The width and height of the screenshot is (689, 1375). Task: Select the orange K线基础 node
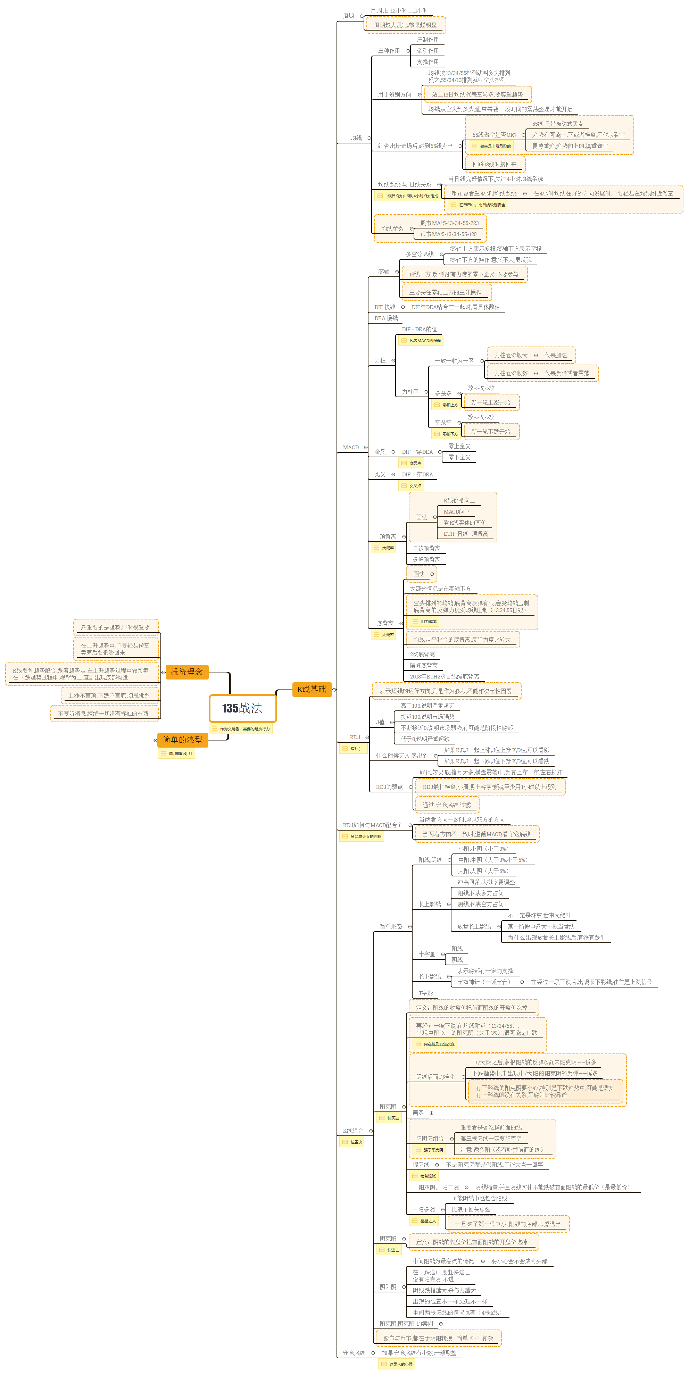(x=312, y=689)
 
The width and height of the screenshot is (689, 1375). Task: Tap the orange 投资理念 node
(x=187, y=672)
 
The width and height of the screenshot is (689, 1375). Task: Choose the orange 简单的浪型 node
(x=183, y=740)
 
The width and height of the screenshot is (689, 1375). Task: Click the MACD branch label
(x=351, y=447)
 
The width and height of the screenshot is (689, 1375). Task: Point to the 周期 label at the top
(x=349, y=16)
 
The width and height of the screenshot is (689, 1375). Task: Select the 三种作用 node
(x=389, y=51)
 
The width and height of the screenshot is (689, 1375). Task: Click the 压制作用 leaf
(x=427, y=40)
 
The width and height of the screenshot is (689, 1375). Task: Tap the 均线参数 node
(x=392, y=228)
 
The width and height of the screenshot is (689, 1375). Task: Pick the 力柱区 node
(x=410, y=392)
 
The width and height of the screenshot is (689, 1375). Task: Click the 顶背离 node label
(x=388, y=536)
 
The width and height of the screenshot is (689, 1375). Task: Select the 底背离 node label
(x=385, y=624)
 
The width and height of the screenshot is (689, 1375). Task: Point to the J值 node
(x=380, y=722)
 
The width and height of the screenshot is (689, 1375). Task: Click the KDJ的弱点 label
(x=389, y=787)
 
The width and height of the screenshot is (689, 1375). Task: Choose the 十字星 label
(x=426, y=954)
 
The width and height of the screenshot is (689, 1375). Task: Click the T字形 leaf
(x=426, y=993)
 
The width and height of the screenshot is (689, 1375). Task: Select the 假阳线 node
(x=421, y=1165)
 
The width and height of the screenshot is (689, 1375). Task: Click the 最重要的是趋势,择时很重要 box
(x=115, y=627)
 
